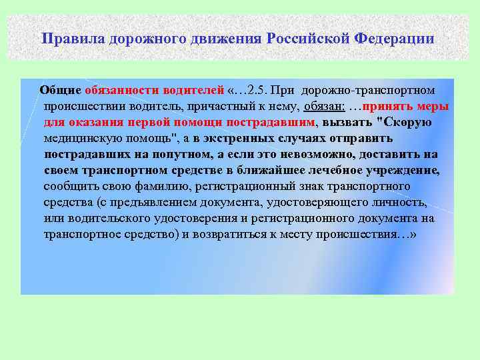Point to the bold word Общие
[x=61, y=90]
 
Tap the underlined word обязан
[x=323, y=106]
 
